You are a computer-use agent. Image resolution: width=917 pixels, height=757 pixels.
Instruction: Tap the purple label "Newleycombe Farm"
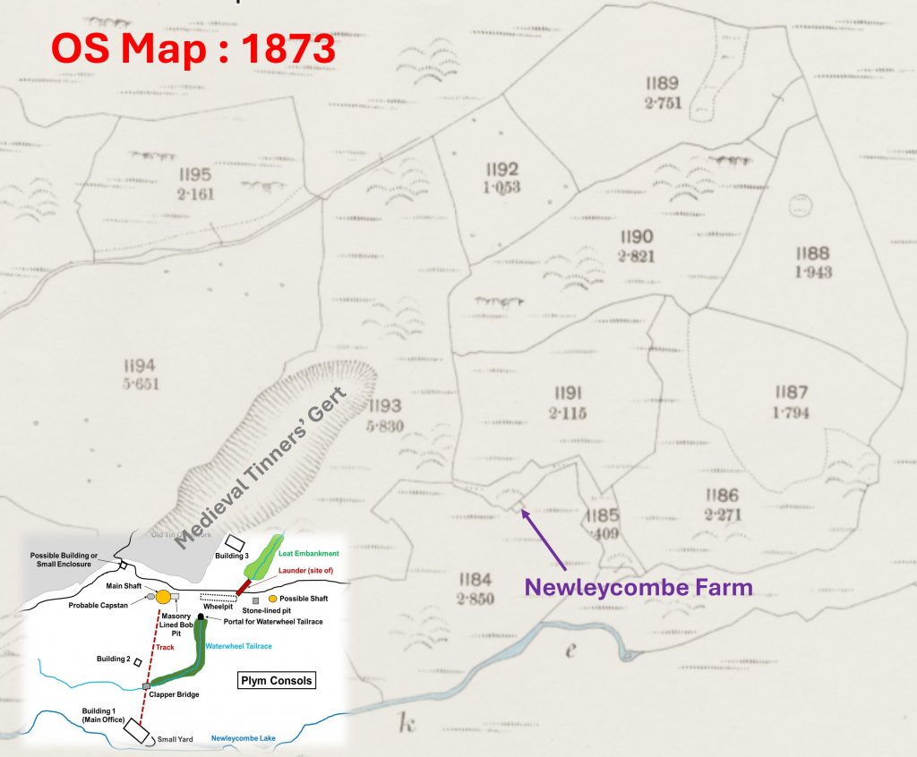click(638, 588)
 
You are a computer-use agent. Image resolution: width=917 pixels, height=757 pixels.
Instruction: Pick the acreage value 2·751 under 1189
click(663, 103)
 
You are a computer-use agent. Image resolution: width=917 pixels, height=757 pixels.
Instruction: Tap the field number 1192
click(501, 169)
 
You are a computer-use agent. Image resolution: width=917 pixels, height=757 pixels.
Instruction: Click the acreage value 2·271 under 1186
click(721, 515)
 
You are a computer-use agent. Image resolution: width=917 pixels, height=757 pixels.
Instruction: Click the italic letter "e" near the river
click(570, 651)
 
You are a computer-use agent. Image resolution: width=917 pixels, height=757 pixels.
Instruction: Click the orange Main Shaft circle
click(163, 597)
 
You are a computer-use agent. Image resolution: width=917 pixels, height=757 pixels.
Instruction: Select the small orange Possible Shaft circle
click(272, 598)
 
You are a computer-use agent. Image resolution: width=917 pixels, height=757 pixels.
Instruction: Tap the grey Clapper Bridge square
click(145, 686)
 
